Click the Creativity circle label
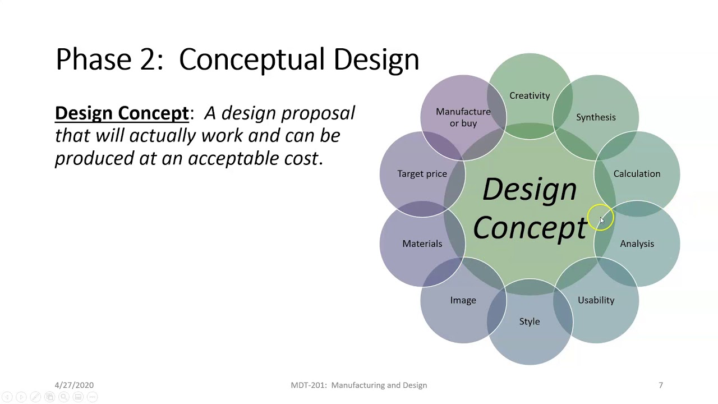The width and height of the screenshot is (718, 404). pyautogui.click(x=530, y=96)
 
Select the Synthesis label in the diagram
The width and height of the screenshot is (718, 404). pyautogui.click(x=596, y=117)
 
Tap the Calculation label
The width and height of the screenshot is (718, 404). pyautogui.click(x=637, y=174)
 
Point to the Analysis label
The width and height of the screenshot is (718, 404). pyautogui.click(x=637, y=244)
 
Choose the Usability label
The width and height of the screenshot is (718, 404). pyautogui.click(x=596, y=300)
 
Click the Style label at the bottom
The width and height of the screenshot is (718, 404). pyautogui.click(x=530, y=322)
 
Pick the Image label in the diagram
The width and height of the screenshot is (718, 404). pyautogui.click(x=463, y=300)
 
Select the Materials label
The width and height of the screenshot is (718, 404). pyautogui.click(x=422, y=244)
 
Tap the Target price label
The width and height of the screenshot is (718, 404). pyautogui.click(x=422, y=174)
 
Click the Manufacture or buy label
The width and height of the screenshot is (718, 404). pyautogui.click(x=463, y=117)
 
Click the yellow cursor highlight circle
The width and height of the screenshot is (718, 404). pyautogui.click(x=601, y=218)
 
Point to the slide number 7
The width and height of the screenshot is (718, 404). pyautogui.click(x=660, y=385)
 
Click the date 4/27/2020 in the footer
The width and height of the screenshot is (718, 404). pyautogui.click(x=74, y=385)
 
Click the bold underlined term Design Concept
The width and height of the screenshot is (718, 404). pyautogui.click(x=122, y=113)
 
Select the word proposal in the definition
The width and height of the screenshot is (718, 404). pyautogui.click(x=317, y=113)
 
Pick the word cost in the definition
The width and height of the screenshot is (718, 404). pyautogui.click(x=302, y=159)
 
